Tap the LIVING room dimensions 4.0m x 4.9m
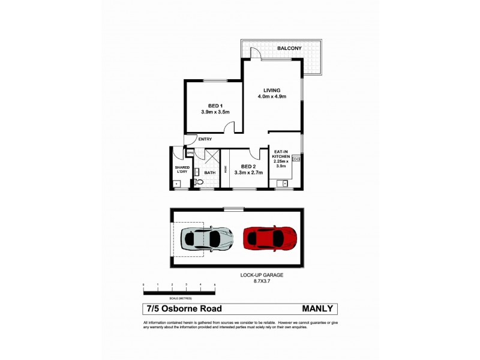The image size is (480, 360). [x=272, y=97]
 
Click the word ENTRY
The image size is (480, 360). [x=205, y=139]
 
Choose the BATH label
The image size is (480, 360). [x=209, y=173]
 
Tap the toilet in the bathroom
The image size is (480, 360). [x=199, y=181]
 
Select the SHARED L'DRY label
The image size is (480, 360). [x=182, y=170]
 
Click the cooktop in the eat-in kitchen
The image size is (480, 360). [x=296, y=159]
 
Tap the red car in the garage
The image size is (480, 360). [x=270, y=238]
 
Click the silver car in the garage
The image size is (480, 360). [x=206, y=239]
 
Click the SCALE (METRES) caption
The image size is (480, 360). [x=179, y=298]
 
